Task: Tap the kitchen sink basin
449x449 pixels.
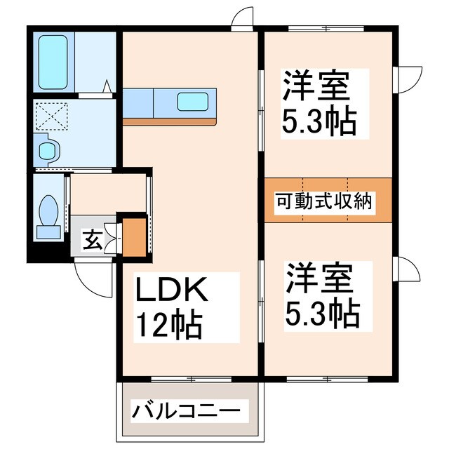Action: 193,102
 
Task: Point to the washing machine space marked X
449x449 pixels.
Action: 51,114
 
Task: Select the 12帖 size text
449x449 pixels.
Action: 168,324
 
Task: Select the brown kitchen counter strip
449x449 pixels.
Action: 169,121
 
